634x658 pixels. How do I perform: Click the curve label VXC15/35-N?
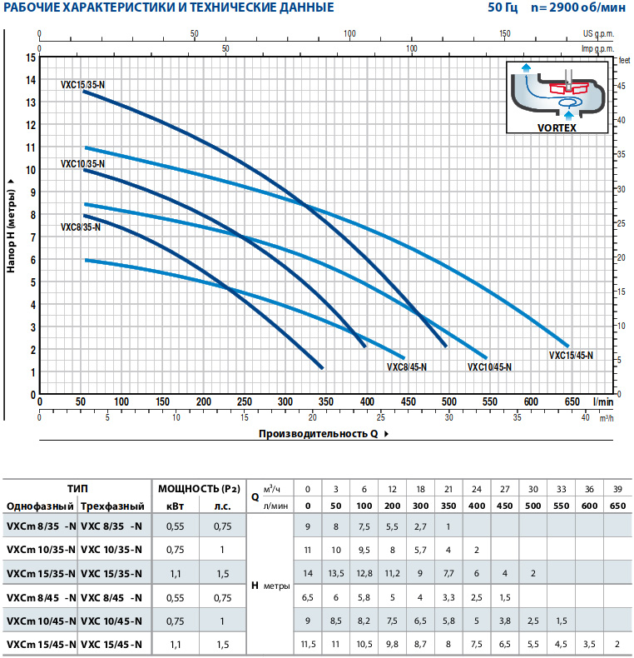[82, 85]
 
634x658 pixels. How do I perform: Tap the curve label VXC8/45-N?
[407, 366]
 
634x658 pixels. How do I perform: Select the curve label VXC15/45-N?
[571, 356]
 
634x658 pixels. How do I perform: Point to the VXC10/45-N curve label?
[489, 366]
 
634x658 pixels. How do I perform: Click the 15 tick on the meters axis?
[31, 57]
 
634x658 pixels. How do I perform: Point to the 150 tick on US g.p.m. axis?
[505, 34]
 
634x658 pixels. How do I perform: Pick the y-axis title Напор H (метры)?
[12, 225]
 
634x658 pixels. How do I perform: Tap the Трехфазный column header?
[112, 506]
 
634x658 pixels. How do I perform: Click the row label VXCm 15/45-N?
[41, 645]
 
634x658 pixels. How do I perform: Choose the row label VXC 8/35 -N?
[111, 526]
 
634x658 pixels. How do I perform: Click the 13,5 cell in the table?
[335, 573]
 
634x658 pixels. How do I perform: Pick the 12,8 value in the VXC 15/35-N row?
[364, 573]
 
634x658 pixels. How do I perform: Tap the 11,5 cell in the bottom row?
[307, 645]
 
